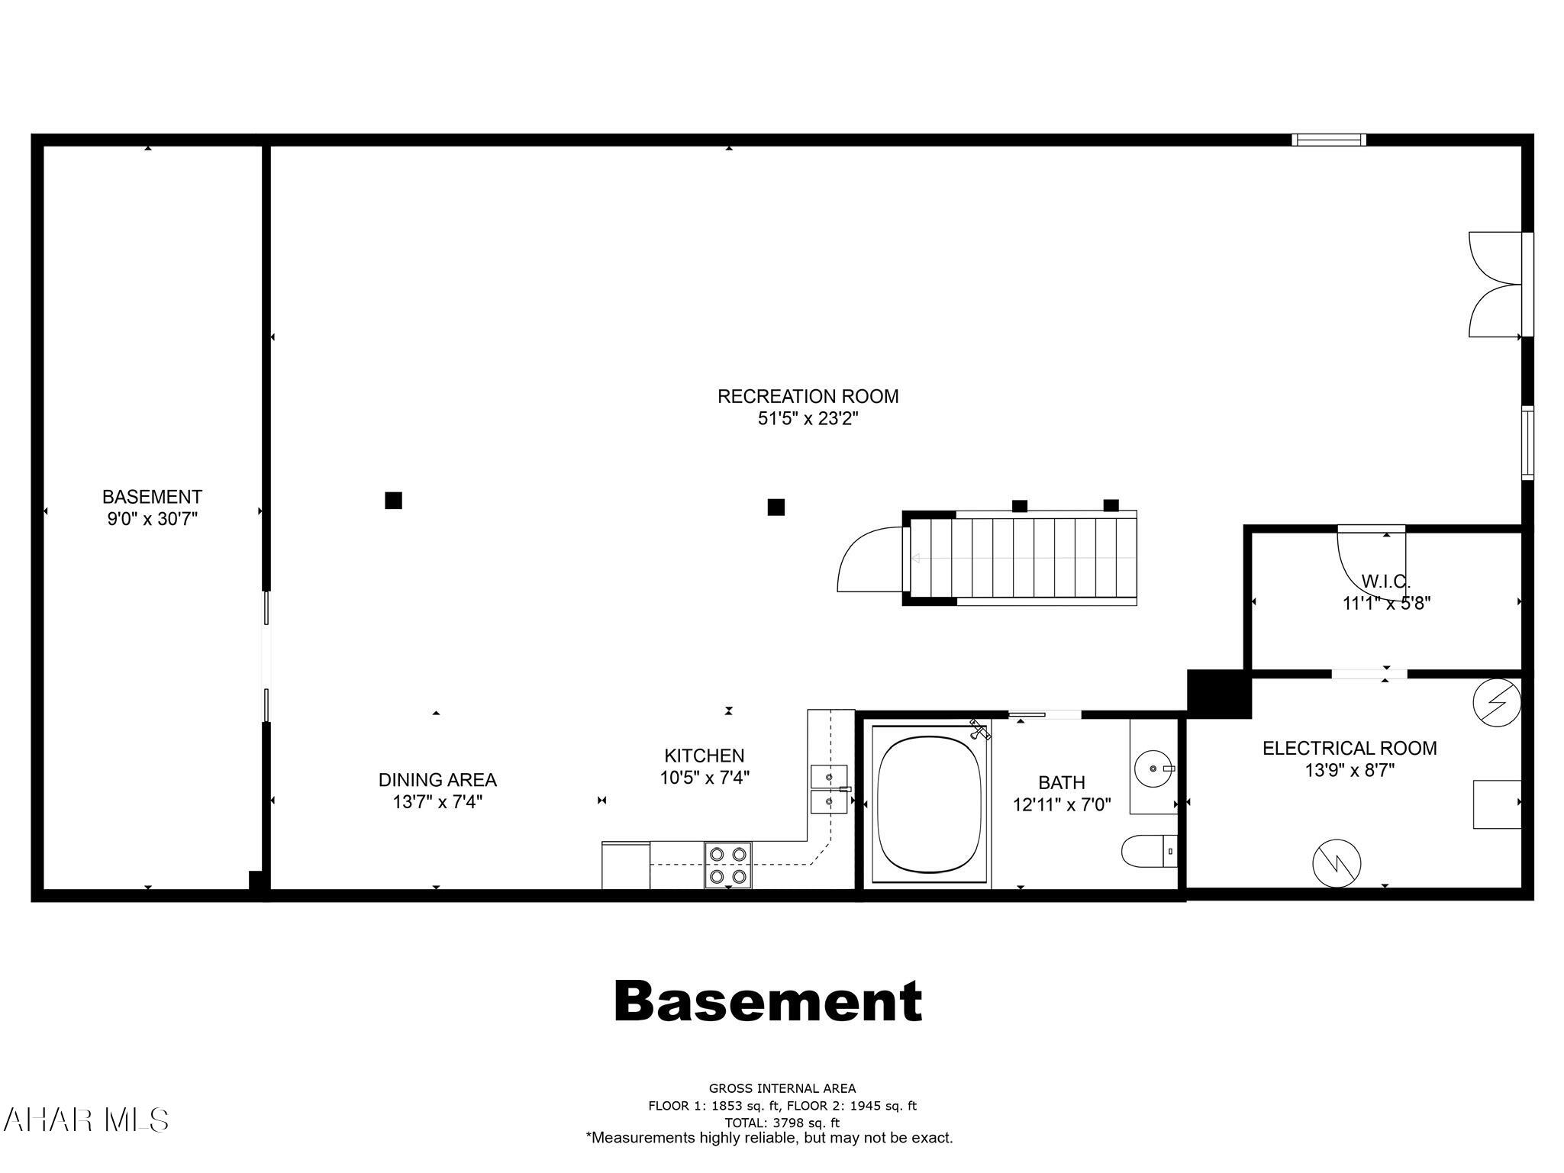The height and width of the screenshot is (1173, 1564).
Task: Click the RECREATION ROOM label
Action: [808, 396]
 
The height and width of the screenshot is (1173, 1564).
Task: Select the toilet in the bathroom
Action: [1146, 850]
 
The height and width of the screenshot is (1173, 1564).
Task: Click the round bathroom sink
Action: [1152, 768]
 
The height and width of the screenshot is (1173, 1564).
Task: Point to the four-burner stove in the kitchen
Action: [727, 865]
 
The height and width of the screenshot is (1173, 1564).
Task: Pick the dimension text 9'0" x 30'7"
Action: [152, 520]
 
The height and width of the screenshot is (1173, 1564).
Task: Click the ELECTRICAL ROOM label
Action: [1349, 748]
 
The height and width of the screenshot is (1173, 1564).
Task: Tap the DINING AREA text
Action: [437, 780]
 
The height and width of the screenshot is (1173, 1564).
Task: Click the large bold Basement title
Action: [768, 1001]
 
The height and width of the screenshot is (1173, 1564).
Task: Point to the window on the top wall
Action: [1328, 140]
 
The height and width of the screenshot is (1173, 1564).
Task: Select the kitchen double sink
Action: [828, 789]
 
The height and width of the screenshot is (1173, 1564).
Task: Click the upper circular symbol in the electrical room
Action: [1497, 701]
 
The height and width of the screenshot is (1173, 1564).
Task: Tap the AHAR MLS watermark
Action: [85, 1120]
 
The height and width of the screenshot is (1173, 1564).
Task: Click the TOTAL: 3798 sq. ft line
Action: [782, 1123]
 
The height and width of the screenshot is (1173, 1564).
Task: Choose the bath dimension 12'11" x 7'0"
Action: [1061, 804]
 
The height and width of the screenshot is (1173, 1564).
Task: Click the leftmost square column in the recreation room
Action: [393, 501]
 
